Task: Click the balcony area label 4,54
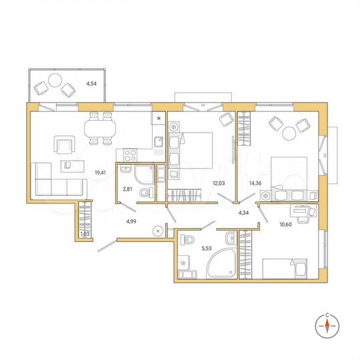90,84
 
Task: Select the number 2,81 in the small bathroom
128,189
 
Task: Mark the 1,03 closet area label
84,234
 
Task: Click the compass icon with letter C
327,324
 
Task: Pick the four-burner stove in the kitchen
129,153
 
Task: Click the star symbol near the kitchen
159,119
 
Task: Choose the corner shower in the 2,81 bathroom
141,176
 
